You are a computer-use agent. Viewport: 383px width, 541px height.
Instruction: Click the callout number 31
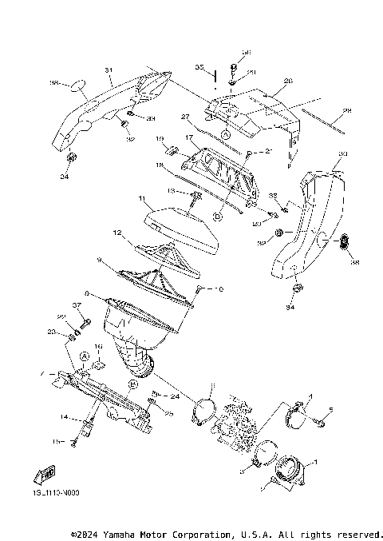point(109,70)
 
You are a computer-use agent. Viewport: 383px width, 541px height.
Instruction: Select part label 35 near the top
point(199,68)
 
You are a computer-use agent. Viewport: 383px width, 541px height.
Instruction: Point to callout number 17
point(190,137)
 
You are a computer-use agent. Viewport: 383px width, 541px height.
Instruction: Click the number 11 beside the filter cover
point(141,197)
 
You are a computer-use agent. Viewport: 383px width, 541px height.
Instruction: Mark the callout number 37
point(78,305)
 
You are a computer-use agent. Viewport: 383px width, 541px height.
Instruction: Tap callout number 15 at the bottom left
point(57,441)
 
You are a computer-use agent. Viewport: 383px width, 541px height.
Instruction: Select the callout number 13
point(171,192)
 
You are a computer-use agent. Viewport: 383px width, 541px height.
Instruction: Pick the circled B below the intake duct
point(133,384)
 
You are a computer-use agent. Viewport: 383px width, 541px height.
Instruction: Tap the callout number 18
point(159,164)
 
